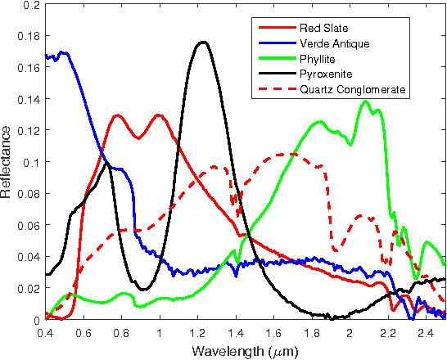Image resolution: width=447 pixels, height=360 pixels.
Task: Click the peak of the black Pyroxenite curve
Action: (201, 42)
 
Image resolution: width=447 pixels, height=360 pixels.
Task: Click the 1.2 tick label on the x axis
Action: (197, 333)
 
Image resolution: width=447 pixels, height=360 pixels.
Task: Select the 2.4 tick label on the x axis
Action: (426, 333)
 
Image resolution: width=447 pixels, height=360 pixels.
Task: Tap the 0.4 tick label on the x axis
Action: (45, 333)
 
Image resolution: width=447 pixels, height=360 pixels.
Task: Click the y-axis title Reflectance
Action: (7, 162)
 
